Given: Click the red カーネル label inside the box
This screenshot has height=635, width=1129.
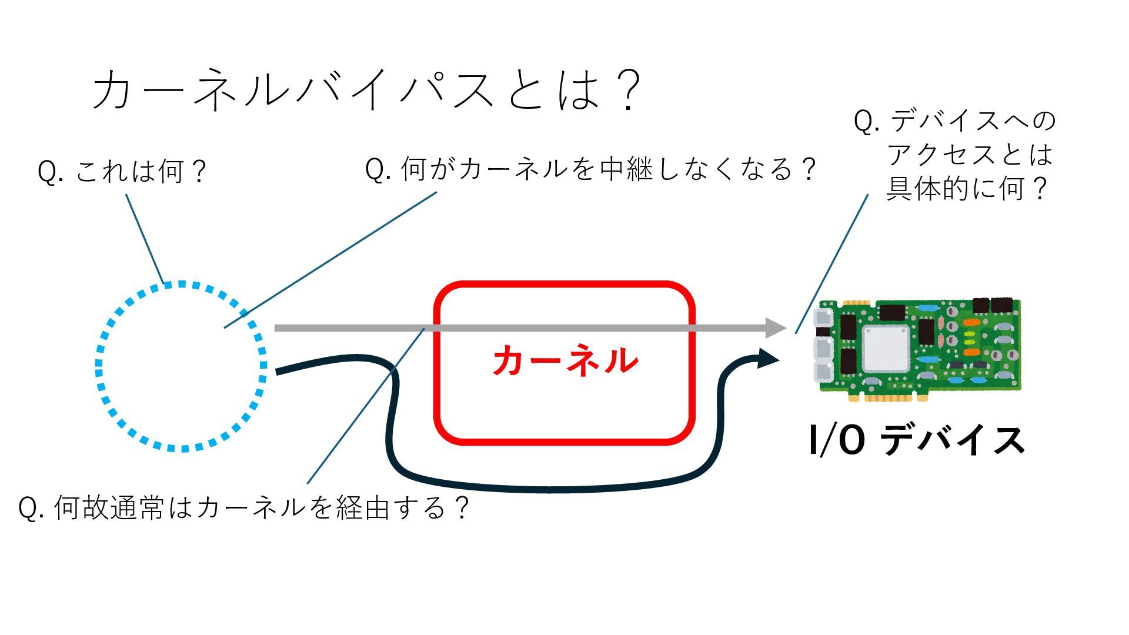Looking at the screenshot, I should coord(564,360).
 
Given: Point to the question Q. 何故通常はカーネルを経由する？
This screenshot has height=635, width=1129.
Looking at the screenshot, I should coord(244,507).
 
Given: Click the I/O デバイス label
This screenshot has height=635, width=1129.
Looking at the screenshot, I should coord(916,440).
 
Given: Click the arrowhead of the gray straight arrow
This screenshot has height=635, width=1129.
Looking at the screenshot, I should coord(776,327).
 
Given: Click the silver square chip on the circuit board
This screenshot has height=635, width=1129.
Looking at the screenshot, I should coord(886,348).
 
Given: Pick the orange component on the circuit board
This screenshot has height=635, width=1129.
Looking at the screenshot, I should coord(971,323).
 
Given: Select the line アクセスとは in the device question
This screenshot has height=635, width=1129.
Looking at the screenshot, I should coord(970,155).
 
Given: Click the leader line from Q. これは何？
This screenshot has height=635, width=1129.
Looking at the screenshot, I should coord(145,238).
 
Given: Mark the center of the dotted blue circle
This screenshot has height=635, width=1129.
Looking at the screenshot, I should coord(181,366).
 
